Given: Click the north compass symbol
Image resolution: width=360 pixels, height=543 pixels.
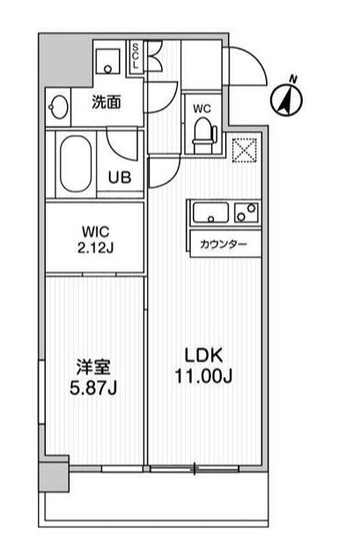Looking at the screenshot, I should [287, 97].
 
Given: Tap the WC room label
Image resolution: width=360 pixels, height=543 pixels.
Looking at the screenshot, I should [202, 109].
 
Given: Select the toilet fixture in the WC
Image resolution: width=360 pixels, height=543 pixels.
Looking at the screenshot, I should [203, 132].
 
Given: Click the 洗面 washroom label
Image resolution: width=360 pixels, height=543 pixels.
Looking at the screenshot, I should [107, 102].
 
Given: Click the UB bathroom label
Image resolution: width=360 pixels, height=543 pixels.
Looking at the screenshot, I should [120, 175].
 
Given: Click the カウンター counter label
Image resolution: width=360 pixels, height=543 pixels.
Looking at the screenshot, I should [224, 245].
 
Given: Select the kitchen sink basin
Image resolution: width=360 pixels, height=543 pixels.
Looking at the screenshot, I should [211, 212].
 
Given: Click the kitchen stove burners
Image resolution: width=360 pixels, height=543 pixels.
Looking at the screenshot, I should [246, 212].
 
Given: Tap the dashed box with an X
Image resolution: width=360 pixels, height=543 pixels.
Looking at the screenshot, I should [243, 150].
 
